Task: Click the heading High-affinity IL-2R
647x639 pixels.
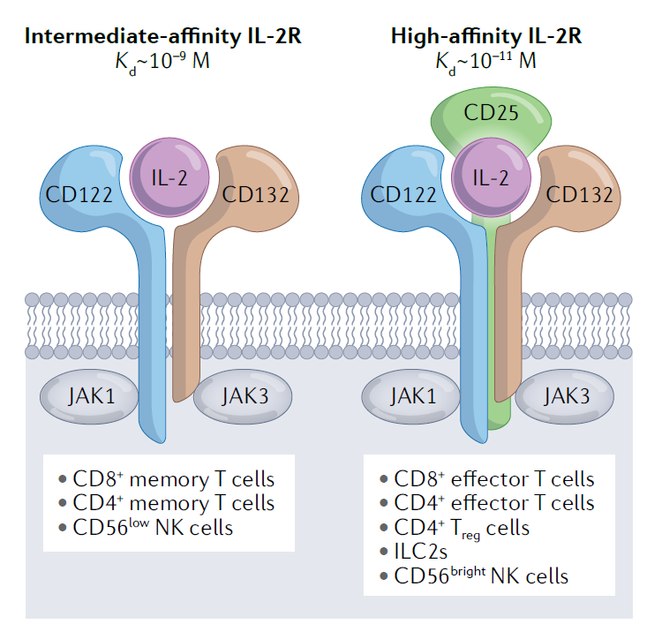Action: (485, 36)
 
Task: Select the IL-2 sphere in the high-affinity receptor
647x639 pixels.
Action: (493, 177)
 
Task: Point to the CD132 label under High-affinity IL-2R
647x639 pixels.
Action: (579, 194)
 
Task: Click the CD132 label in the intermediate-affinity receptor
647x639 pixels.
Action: (256, 194)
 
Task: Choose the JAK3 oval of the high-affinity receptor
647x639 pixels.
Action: (565, 395)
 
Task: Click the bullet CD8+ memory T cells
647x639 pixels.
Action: (167, 479)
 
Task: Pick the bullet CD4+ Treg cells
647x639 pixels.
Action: (455, 528)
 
